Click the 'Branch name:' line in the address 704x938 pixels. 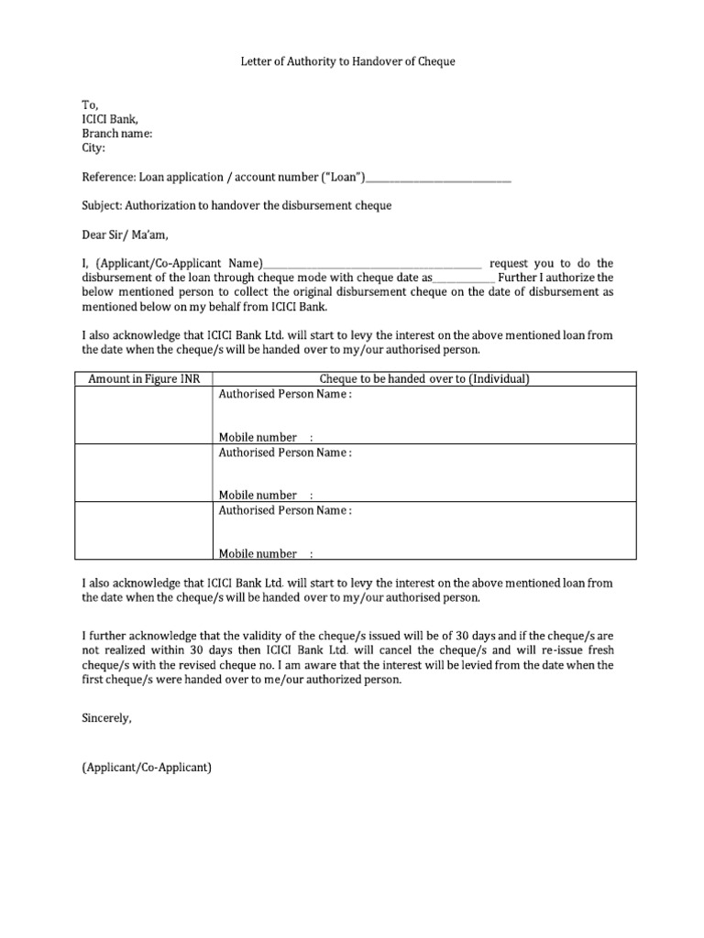[x=116, y=133]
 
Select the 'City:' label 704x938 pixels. [x=93, y=147]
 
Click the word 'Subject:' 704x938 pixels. [x=102, y=205]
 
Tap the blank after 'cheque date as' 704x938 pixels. [x=464, y=278]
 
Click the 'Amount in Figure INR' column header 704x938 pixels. [x=143, y=379]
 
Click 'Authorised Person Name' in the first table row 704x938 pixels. [x=284, y=394]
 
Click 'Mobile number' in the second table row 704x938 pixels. [x=258, y=496]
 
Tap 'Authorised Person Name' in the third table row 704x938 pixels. [x=284, y=510]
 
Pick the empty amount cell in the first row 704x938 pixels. [x=143, y=415]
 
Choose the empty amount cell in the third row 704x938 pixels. [x=143, y=531]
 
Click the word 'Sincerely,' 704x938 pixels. [x=106, y=719]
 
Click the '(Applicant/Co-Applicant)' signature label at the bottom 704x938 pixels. [x=147, y=768]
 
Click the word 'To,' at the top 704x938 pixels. [x=89, y=104]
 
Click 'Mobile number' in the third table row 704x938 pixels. [x=258, y=553]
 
